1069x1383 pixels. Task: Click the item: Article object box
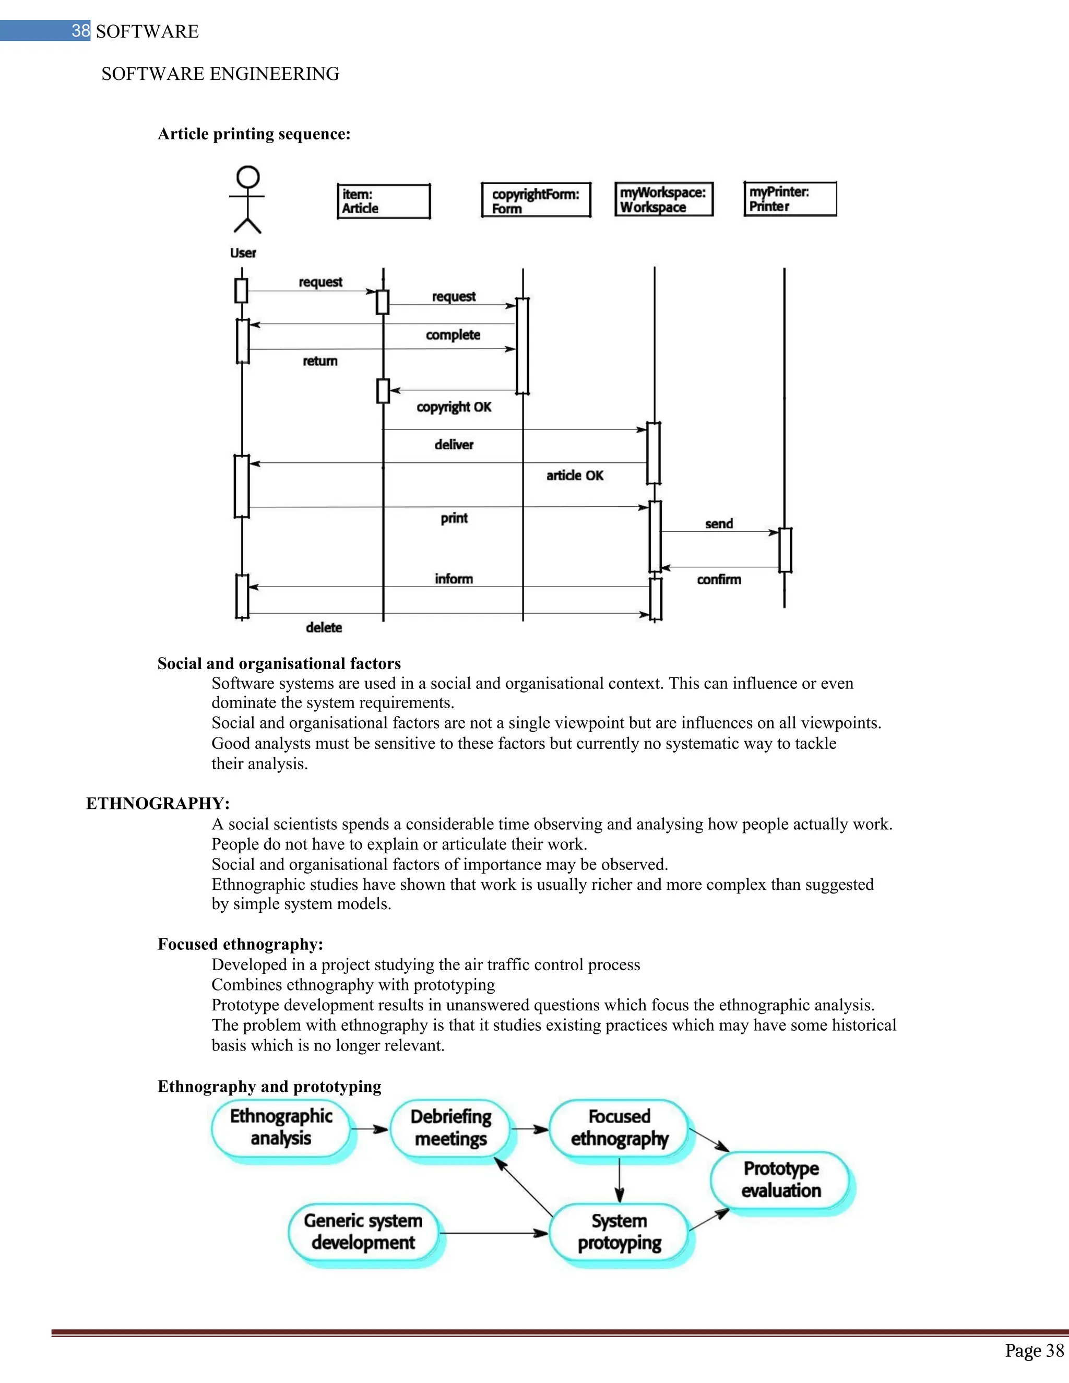pyautogui.click(x=384, y=201)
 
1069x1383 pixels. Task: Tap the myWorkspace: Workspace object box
pyautogui.click(x=664, y=199)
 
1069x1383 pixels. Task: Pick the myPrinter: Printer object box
pyautogui.click(x=790, y=199)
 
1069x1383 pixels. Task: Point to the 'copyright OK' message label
pyautogui.click(x=454, y=407)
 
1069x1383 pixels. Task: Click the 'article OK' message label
pyautogui.click(x=574, y=475)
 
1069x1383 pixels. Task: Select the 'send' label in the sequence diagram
pyautogui.click(x=719, y=523)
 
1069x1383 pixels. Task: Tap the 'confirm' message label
pyautogui.click(x=719, y=579)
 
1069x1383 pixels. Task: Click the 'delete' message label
pyautogui.click(x=324, y=627)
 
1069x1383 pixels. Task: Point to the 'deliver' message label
pyautogui.click(x=454, y=445)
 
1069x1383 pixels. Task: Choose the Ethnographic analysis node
pyautogui.click(x=281, y=1128)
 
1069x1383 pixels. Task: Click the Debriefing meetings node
pyautogui.click(x=451, y=1128)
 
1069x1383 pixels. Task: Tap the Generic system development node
pyautogui.click(x=363, y=1232)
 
